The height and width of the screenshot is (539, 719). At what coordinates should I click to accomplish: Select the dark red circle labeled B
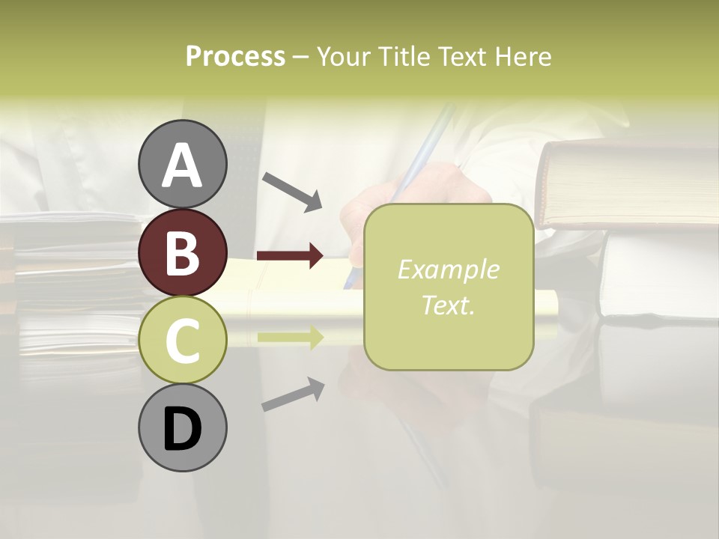click(182, 252)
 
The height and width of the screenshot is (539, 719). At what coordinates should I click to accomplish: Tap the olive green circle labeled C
click(182, 340)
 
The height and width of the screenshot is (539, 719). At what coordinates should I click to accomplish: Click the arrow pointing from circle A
click(291, 190)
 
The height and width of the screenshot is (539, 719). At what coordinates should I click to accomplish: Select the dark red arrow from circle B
click(290, 256)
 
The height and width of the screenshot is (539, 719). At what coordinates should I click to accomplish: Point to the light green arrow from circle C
click(290, 338)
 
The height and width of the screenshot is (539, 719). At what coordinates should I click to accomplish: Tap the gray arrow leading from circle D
click(293, 395)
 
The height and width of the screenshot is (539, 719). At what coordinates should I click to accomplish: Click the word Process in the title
click(235, 56)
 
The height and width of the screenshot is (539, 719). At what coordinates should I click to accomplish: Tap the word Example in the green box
click(449, 269)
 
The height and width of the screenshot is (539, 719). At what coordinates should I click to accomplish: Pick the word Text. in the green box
click(449, 305)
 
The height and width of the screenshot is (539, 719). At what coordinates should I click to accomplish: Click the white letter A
click(182, 165)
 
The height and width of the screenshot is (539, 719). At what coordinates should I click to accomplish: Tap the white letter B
click(182, 252)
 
